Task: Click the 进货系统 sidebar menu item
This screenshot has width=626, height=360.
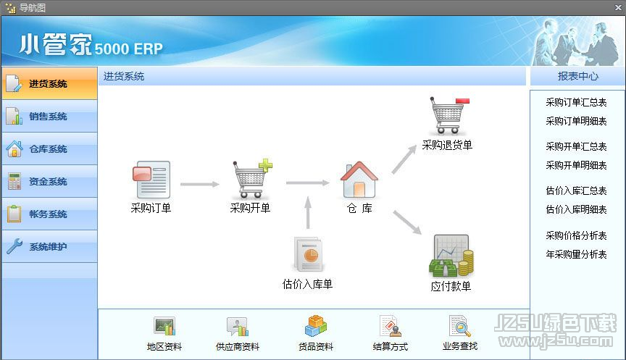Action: pyautogui.click(x=49, y=83)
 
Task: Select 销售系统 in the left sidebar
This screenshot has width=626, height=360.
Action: pyautogui.click(x=49, y=116)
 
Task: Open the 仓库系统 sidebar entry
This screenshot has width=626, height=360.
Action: pyautogui.click(x=49, y=149)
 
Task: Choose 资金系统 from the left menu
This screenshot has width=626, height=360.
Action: pyautogui.click(x=49, y=182)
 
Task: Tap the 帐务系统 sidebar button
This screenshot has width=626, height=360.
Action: pyautogui.click(x=49, y=214)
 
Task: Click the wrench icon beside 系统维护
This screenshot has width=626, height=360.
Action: pyautogui.click(x=14, y=246)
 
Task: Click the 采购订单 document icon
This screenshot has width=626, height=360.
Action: pyautogui.click(x=151, y=180)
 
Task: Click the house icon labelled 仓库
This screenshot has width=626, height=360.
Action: pyautogui.click(x=359, y=180)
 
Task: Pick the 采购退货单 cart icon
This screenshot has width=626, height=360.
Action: pyautogui.click(x=448, y=115)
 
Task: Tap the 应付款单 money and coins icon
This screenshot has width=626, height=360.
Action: pyautogui.click(x=451, y=256)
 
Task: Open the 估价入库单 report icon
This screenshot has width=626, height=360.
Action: pyautogui.click(x=308, y=254)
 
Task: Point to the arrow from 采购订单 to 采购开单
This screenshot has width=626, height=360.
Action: pyautogui.click(x=200, y=184)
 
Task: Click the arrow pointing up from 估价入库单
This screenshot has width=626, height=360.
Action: pyautogui.click(x=308, y=212)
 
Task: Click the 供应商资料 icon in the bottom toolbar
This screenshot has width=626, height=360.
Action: pyautogui.click(x=238, y=327)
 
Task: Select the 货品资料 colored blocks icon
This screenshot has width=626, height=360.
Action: pyautogui.click(x=316, y=326)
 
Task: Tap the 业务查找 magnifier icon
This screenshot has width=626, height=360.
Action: pyautogui.click(x=460, y=326)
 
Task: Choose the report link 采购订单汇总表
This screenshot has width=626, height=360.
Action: pyautogui.click(x=576, y=102)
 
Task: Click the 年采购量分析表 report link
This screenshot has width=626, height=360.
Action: pyautogui.click(x=576, y=254)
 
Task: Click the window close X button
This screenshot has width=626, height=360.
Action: pyautogui.click(x=618, y=7)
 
